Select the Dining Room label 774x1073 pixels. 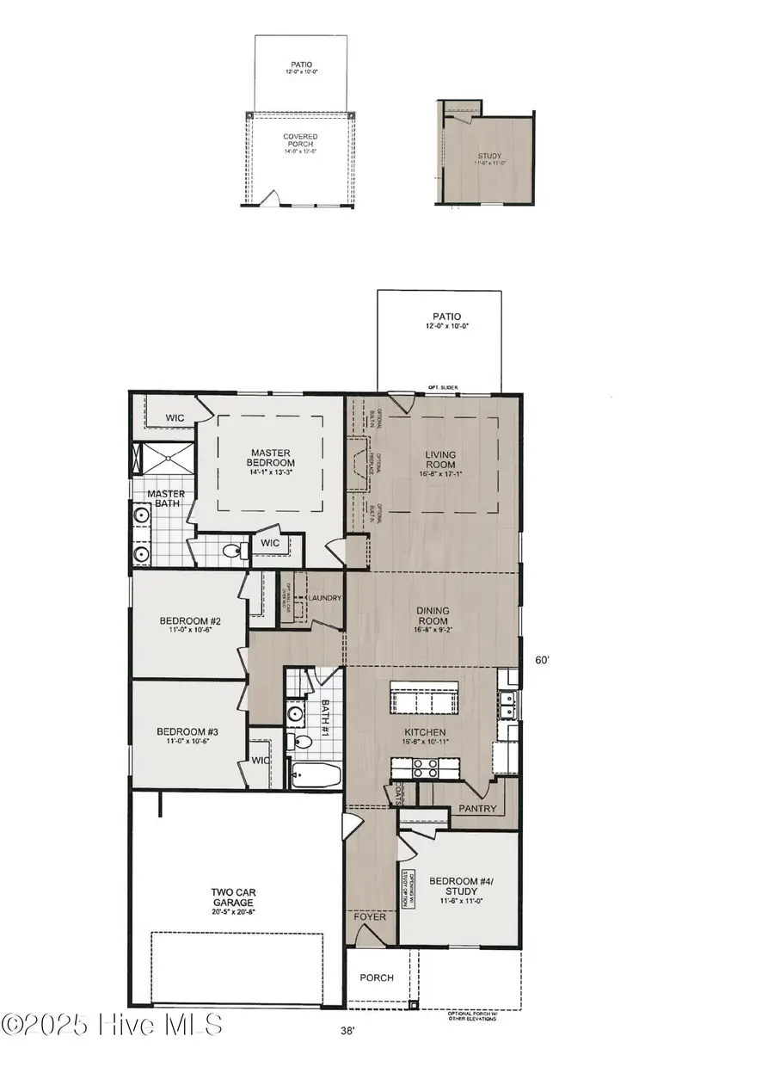434,617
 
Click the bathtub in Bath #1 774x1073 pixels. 311,775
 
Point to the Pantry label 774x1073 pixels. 478,809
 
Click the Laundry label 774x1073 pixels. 326,598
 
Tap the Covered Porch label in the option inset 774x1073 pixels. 300,142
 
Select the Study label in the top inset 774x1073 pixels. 488,158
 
